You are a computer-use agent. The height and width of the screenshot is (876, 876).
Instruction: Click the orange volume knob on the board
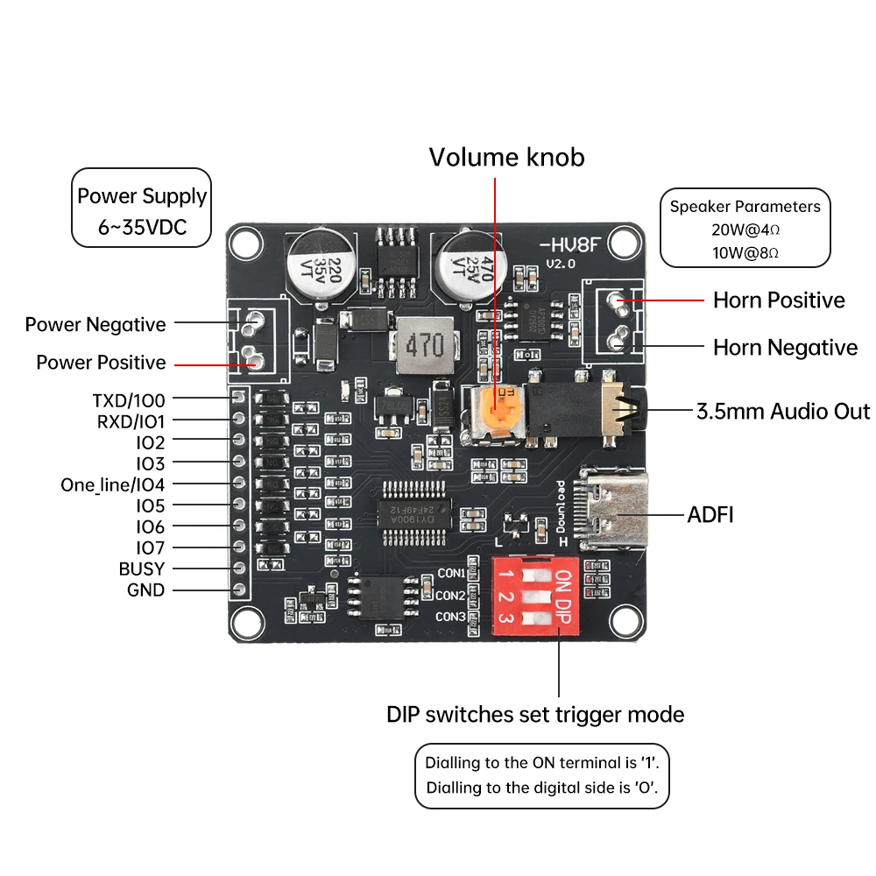tap(495, 412)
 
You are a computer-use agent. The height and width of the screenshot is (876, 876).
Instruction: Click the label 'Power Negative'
tap(95, 325)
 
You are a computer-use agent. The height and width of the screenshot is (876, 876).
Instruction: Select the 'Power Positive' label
tap(101, 362)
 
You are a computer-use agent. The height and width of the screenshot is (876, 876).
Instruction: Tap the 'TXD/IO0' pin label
tap(129, 400)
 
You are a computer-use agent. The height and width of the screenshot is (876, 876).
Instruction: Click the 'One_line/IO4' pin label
tap(112, 484)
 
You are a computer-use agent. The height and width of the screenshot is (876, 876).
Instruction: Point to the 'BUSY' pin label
tap(142, 569)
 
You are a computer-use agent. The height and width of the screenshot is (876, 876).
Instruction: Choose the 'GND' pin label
tap(145, 590)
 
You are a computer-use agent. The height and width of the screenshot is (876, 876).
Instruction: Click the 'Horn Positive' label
tap(779, 300)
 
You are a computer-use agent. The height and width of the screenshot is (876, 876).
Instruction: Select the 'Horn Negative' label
tap(785, 348)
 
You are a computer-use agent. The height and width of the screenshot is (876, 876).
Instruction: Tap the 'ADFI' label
tap(710, 514)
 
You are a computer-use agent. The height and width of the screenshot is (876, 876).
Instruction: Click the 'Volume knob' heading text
tap(506, 158)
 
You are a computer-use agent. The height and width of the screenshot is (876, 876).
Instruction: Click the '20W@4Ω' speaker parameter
tap(745, 230)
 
